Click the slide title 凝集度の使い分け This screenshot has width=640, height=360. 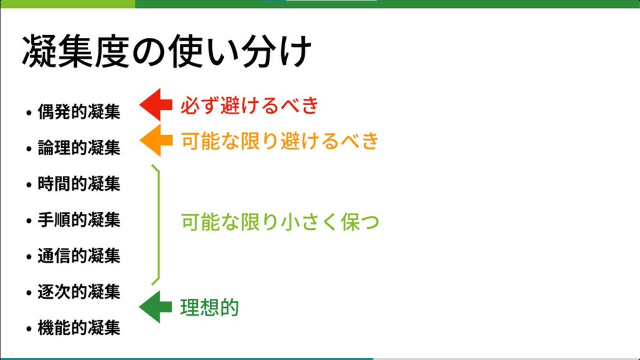coord(166,52)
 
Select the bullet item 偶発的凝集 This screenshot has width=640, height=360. coord(79,112)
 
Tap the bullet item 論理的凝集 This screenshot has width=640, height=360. coord(79,148)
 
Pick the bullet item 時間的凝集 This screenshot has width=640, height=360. coord(79,184)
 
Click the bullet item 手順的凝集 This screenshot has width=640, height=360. coord(79,220)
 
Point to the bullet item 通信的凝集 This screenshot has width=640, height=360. coord(79,256)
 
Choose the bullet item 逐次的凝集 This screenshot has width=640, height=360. coord(79,292)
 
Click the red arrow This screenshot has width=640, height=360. coord(155,105)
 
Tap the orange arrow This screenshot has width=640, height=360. coord(155,141)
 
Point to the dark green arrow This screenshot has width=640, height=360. coord(155,307)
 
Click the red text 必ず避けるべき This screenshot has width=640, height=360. coord(249,106)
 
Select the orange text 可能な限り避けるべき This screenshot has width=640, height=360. coord(279,141)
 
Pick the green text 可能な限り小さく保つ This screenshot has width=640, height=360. coord(279,222)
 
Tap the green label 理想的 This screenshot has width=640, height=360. coord(209,308)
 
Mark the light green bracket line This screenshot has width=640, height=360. coord(158,224)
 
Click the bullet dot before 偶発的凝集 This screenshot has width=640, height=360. coord(29,113)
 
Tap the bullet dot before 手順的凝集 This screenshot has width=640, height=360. coord(29,221)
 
